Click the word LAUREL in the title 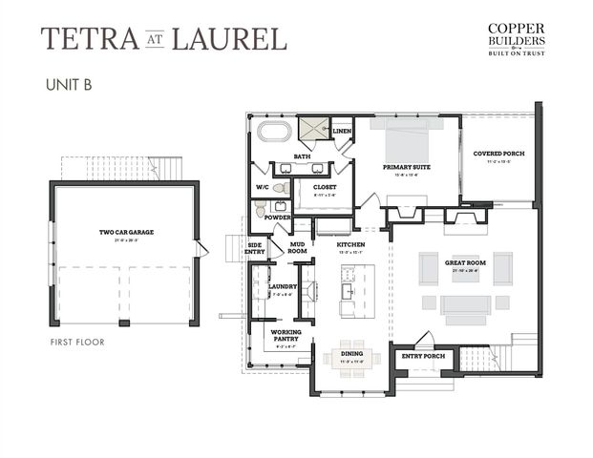tap(239, 39)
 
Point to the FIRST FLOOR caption tap(76, 341)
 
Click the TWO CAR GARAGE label tap(126, 232)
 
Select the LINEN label tap(341, 130)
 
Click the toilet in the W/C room tap(281, 188)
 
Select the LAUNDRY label tap(282, 286)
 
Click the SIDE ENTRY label tap(255, 248)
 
